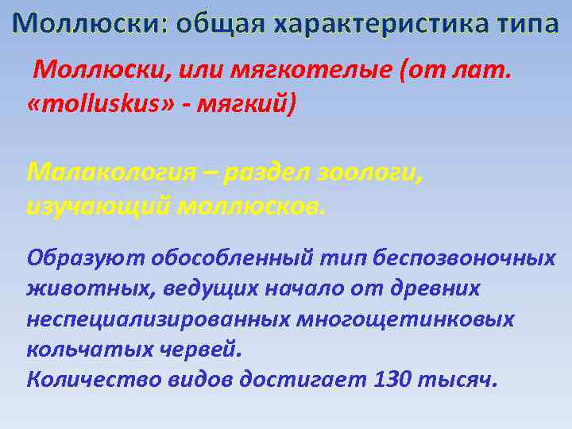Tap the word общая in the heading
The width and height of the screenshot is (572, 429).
coord(220,25)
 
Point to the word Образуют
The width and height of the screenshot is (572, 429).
coord(75,258)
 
